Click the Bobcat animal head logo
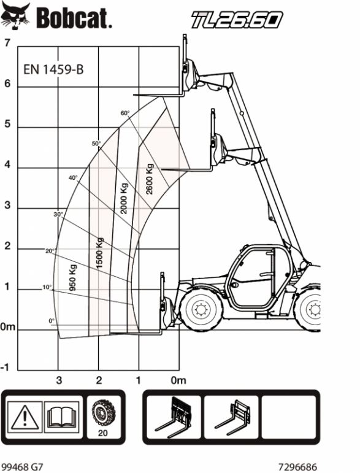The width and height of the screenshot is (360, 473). click(x=16, y=16)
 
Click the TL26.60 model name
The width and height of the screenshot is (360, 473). click(x=237, y=20)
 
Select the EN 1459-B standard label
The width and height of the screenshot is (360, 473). click(x=53, y=70)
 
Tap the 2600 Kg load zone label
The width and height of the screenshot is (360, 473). click(x=149, y=179)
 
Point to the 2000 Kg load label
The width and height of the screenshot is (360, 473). click(x=124, y=198)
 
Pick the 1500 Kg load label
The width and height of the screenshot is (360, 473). click(x=99, y=253)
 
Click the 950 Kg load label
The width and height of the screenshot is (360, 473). click(x=72, y=277)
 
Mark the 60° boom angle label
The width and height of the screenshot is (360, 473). click(x=125, y=113)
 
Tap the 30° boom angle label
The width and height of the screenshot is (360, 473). click(x=58, y=215)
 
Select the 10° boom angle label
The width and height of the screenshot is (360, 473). click(x=47, y=287)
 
